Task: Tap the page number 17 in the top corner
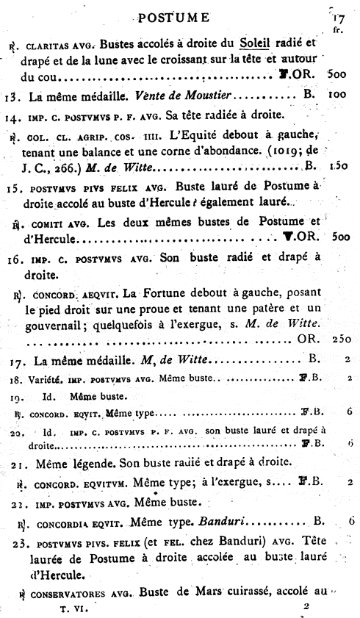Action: click(x=338, y=18)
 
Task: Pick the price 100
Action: click(x=338, y=96)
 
